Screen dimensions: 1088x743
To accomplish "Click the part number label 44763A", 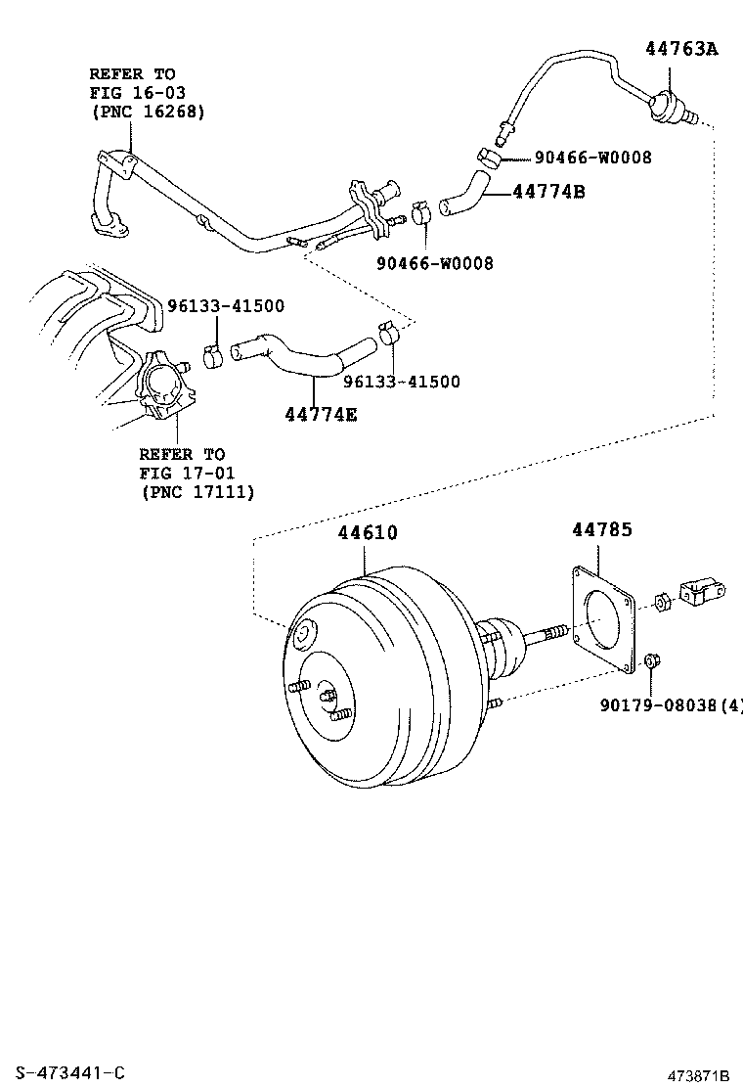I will tap(680, 48).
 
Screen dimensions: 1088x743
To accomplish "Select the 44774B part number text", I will tap(548, 192).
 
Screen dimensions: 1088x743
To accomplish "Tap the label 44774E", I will tap(321, 415).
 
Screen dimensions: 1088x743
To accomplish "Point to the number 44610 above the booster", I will tap(368, 533).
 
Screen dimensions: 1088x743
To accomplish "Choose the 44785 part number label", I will tap(601, 529).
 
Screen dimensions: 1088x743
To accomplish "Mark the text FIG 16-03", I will tap(137, 93).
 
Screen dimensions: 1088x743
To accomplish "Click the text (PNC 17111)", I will tap(197, 492).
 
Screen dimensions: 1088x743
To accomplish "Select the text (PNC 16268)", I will tap(147, 112).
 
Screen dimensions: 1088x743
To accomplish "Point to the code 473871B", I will tap(699, 1075).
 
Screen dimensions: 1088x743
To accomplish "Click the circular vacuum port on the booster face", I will tap(303, 634).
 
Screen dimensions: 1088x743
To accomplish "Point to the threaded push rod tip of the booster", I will tap(556, 633).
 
